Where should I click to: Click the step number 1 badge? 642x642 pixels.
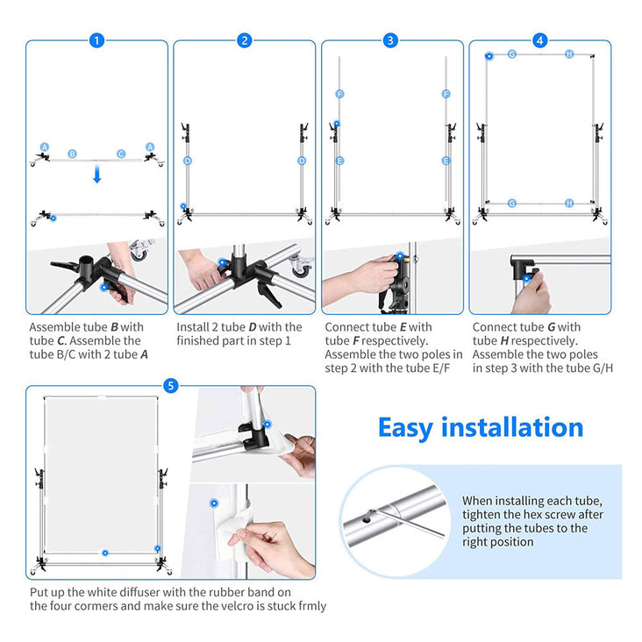pyautogui.click(x=96, y=40)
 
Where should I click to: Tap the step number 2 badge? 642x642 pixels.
pyautogui.click(x=245, y=40)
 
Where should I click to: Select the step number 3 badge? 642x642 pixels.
pyautogui.click(x=390, y=40)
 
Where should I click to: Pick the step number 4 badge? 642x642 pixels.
pyautogui.click(x=539, y=40)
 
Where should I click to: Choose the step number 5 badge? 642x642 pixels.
pyautogui.click(x=171, y=386)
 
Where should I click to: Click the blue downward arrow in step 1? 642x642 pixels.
pyautogui.click(x=97, y=174)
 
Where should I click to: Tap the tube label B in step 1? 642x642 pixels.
pyautogui.click(x=73, y=154)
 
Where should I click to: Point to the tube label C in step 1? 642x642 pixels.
pyautogui.click(x=121, y=154)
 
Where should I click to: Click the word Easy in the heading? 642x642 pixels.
pyautogui.click(x=405, y=429)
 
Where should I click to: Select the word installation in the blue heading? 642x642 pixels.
pyautogui.click(x=512, y=427)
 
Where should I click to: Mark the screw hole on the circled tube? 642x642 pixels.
pyautogui.click(x=367, y=520)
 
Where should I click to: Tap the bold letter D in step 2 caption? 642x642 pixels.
pyautogui.click(x=253, y=327)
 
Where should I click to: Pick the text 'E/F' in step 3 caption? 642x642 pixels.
pyautogui.click(x=441, y=368)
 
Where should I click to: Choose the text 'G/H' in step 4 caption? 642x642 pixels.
pyautogui.click(x=603, y=368)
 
